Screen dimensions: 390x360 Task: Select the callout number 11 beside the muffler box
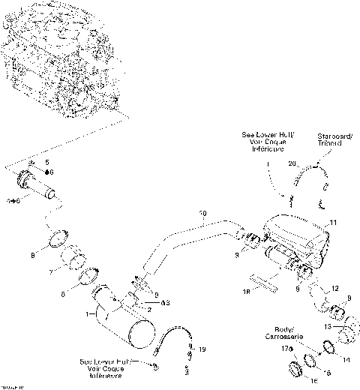[x=334, y=223]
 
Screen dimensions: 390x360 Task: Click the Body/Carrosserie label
[x=283, y=334]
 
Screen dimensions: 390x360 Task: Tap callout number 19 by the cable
[x=201, y=349]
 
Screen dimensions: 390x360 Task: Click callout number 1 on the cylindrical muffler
[x=88, y=312]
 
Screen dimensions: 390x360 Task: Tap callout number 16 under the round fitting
[x=293, y=381]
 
